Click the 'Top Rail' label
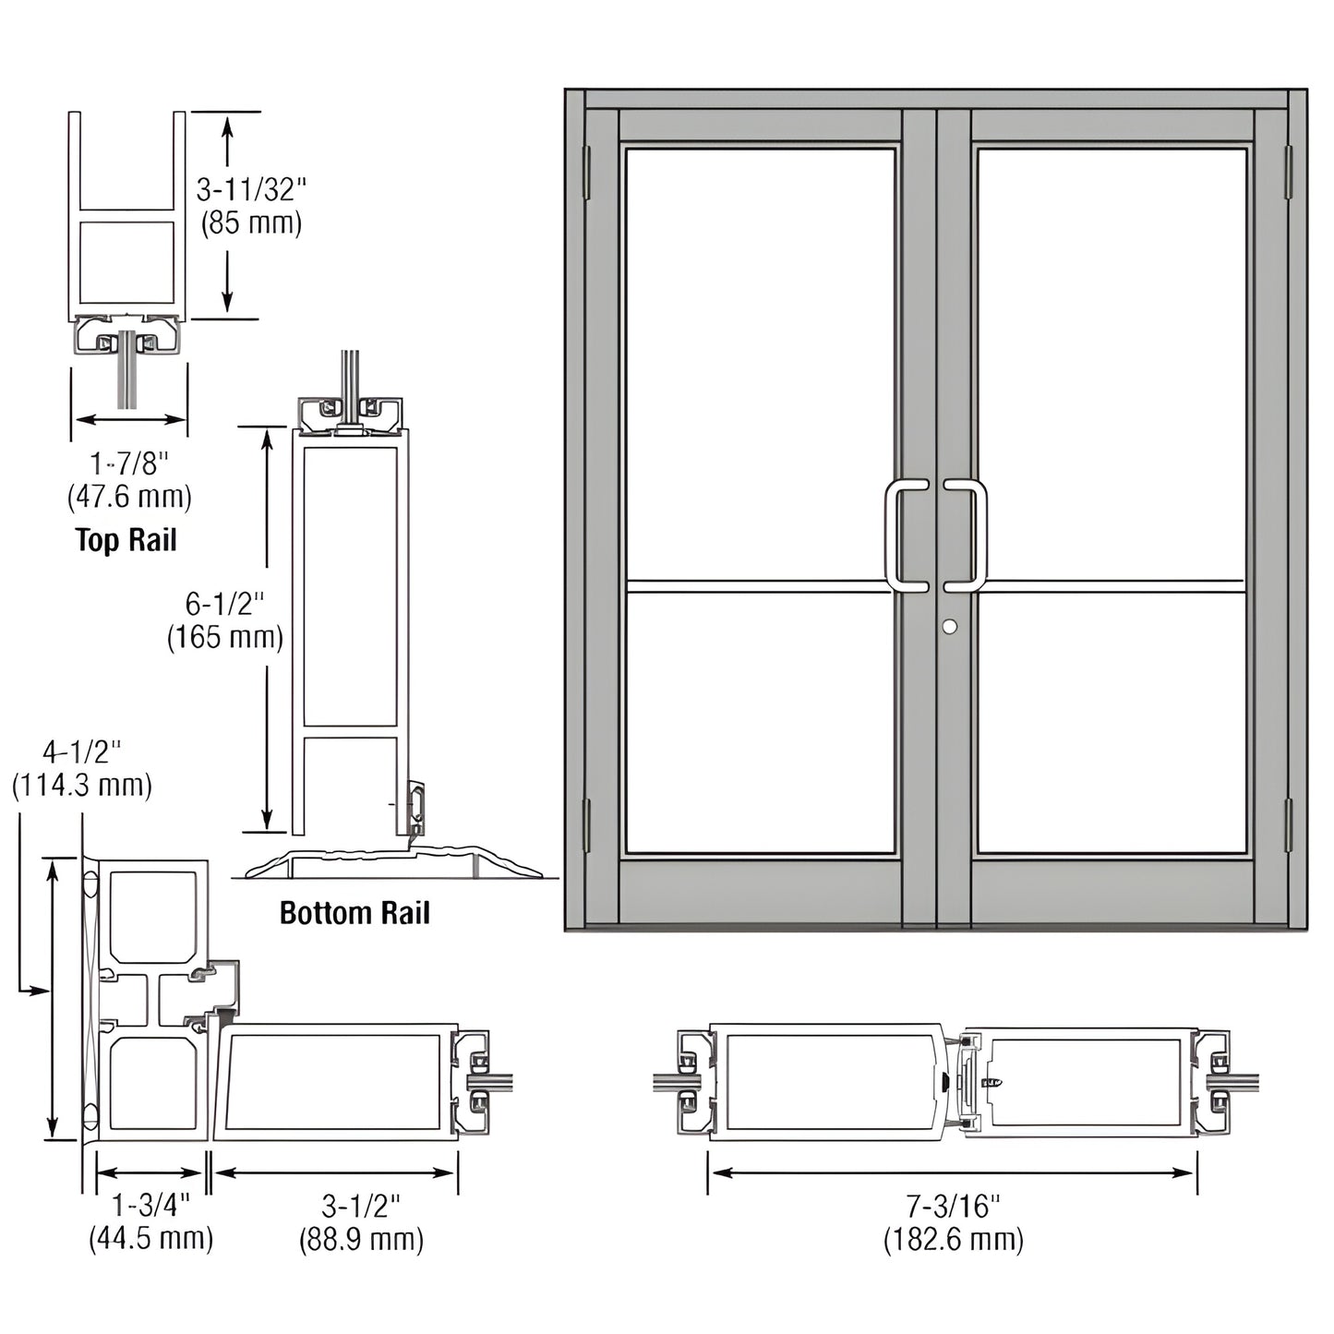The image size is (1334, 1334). [x=126, y=540]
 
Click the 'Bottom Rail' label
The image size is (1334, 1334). [x=355, y=913]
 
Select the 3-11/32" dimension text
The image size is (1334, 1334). [x=251, y=190]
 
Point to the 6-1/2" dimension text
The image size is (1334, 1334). [x=224, y=604]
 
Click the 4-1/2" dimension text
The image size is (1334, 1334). [x=81, y=751]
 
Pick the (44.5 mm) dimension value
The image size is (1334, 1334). [x=150, y=1238]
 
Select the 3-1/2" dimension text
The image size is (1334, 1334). [x=361, y=1206]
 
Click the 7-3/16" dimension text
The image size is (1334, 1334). [x=953, y=1206]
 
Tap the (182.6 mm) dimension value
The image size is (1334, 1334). [x=953, y=1239]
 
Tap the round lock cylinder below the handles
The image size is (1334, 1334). [x=950, y=627]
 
